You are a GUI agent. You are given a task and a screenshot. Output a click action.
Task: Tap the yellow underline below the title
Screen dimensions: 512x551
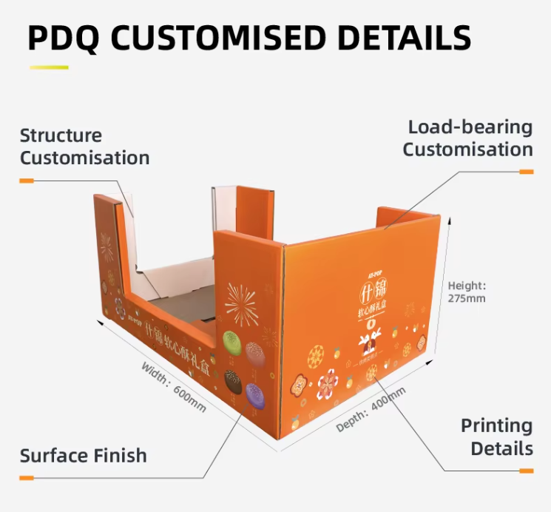point(49,68)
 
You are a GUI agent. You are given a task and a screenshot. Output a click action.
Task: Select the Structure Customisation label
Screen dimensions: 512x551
point(84,146)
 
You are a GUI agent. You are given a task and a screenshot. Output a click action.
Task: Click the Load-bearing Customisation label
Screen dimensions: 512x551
point(467,138)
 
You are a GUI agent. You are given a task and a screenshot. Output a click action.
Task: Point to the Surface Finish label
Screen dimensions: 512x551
point(83,455)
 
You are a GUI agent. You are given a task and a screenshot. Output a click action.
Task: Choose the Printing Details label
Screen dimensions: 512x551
point(496,437)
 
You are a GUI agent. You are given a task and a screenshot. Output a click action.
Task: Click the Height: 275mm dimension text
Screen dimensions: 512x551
point(467,292)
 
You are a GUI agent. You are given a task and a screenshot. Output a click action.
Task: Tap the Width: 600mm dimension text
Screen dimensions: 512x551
point(173,387)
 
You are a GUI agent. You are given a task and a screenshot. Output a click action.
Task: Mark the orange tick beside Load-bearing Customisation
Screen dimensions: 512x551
point(526,172)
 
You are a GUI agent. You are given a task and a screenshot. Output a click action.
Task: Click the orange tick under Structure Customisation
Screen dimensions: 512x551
point(27,180)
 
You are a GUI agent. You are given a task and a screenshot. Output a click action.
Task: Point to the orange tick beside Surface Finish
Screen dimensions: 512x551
point(27,478)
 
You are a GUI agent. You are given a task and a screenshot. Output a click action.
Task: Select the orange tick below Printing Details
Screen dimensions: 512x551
point(526,471)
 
